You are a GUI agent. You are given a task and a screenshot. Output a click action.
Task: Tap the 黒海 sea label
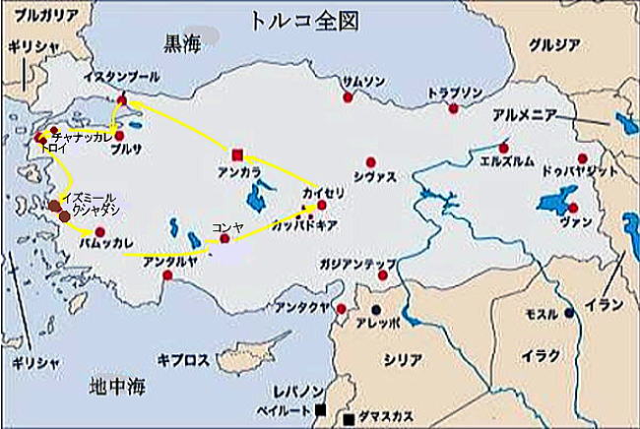(x=184, y=41)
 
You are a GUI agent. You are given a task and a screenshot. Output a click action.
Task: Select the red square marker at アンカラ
(x=237, y=154)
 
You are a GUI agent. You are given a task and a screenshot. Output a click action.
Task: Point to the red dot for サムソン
(x=348, y=96)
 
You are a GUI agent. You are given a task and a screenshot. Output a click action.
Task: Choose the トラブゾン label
(x=456, y=92)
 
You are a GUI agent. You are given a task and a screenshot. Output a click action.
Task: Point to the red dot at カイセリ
(x=322, y=206)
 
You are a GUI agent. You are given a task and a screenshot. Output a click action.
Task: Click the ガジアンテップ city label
(x=356, y=264)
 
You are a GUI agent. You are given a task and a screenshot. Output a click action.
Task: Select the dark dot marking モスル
(x=569, y=313)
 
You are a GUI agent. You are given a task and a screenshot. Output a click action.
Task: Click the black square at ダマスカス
(x=350, y=421)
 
